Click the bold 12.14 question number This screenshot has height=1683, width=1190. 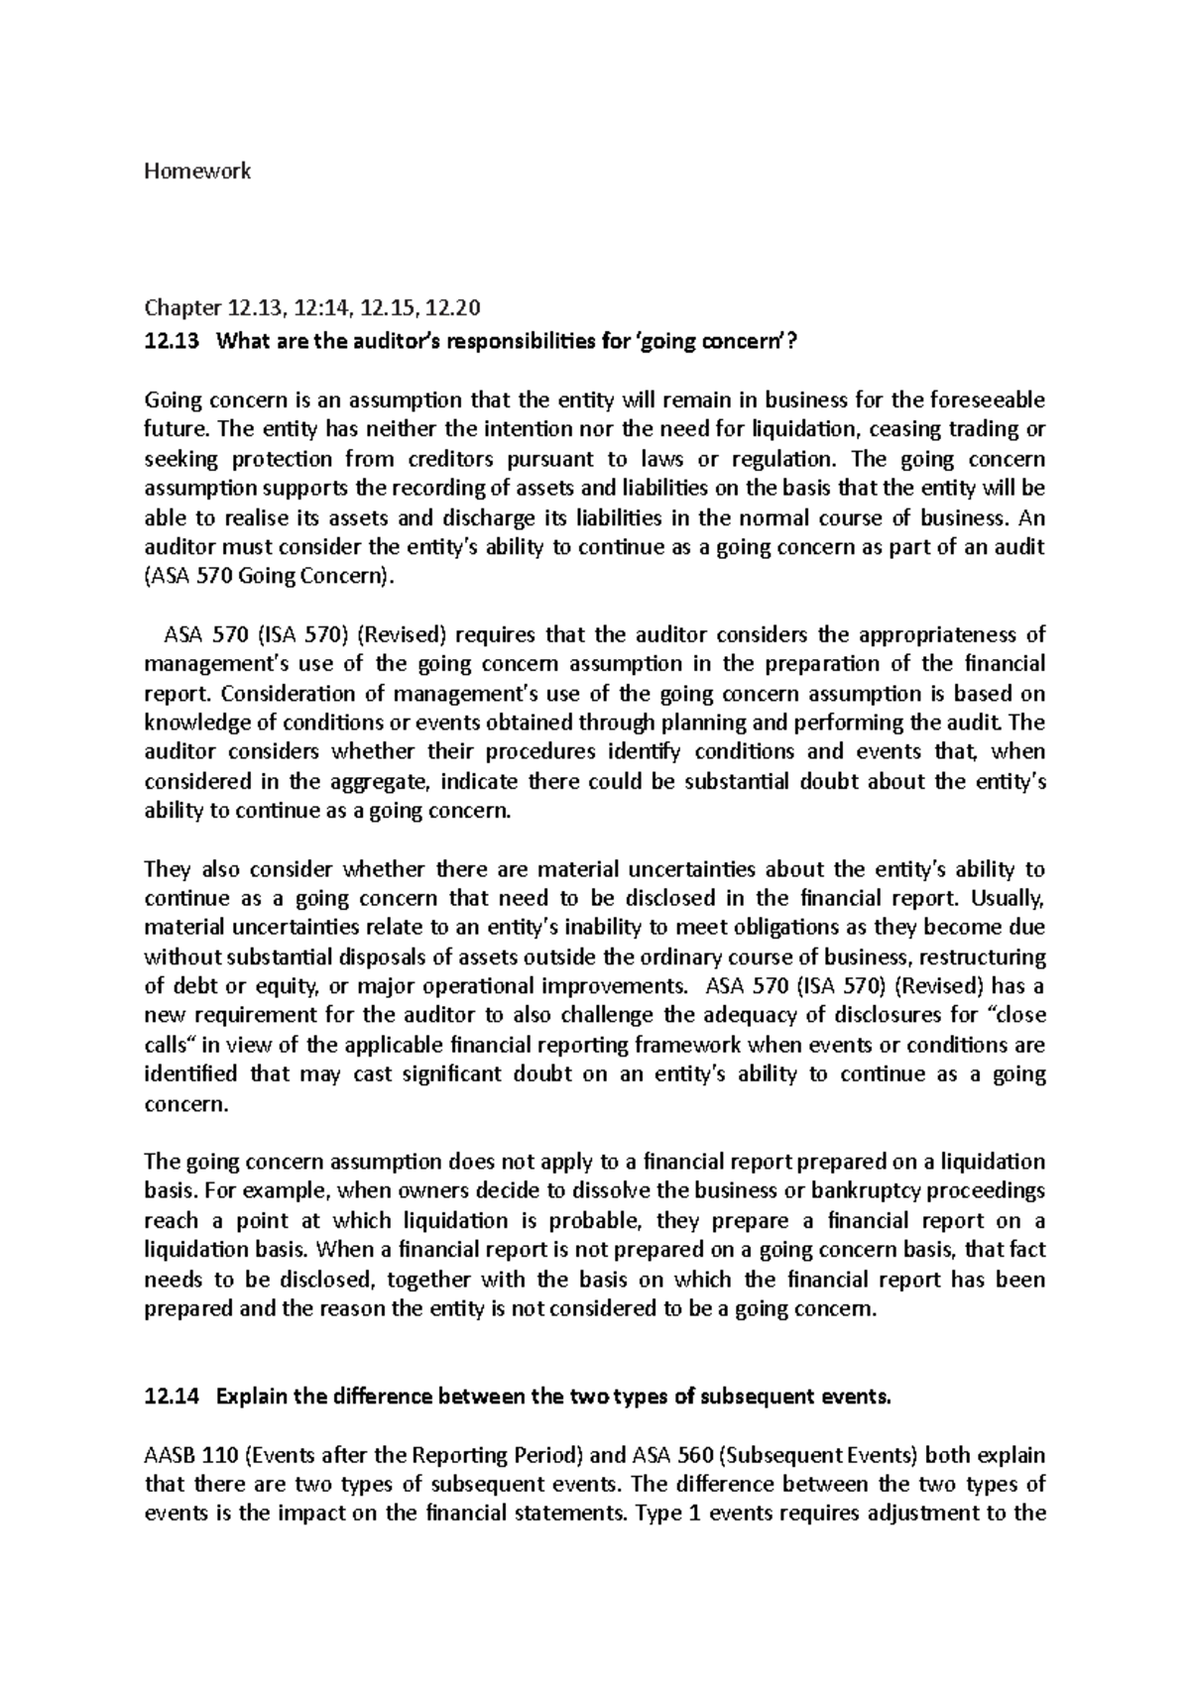(171, 1398)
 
